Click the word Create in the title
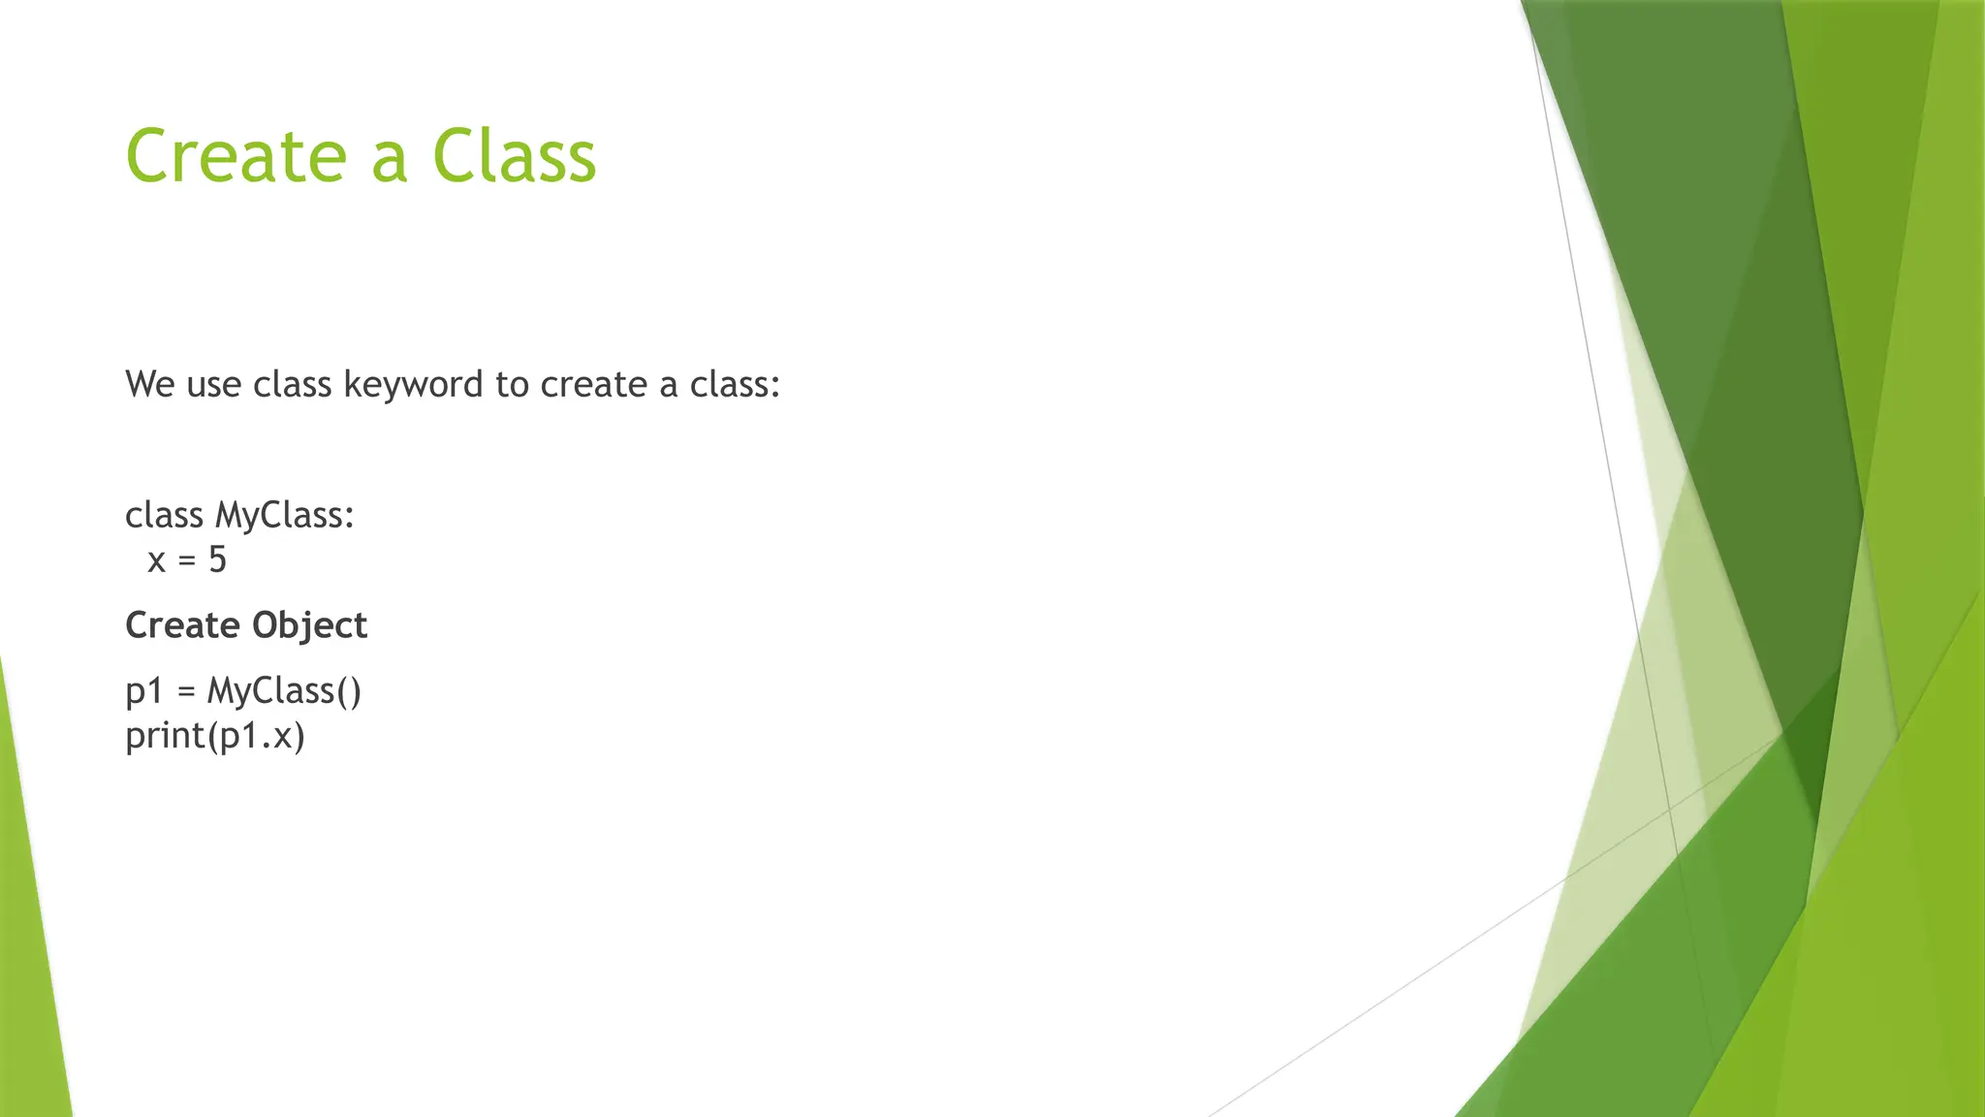pyautogui.click(x=236, y=156)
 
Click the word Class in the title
pyautogui.click(x=514, y=156)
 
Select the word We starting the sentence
pyautogui.click(x=149, y=385)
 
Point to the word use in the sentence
pyautogui.click(x=213, y=385)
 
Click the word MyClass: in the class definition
pyautogui.click(x=285, y=516)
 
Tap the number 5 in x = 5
pyautogui.click(x=217, y=559)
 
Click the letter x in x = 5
pyautogui.click(x=156, y=560)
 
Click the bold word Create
pyautogui.click(x=182, y=625)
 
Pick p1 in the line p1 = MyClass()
pyautogui.click(x=144, y=691)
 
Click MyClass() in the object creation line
pyautogui.click(x=284, y=691)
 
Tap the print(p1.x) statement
pyautogui.click(x=215, y=736)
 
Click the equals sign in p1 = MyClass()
pyautogui.click(x=187, y=692)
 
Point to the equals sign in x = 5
pyautogui.click(x=187, y=561)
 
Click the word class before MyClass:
pyautogui.click(x=164, y=515)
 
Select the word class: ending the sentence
pyautogui.click(x=735, y=385)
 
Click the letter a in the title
pyautogui.click(x=389, y=158)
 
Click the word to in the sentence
pyautogui.click(x=512, y=385)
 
